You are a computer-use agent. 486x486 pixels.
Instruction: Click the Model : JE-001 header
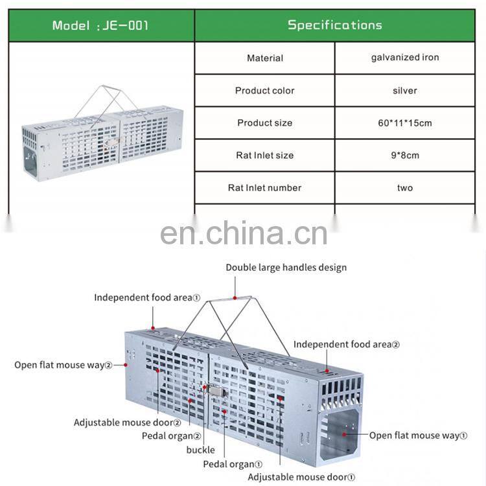100,26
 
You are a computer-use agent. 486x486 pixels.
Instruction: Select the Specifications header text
335,25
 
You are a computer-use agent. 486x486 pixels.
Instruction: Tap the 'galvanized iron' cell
405,58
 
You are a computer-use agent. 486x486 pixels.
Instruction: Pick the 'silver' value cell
405,91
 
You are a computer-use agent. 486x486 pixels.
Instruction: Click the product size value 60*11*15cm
405,123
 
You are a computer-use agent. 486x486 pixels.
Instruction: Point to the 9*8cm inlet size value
405,156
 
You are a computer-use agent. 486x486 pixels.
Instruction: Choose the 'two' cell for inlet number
405,188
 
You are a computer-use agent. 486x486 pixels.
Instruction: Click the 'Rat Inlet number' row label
264,188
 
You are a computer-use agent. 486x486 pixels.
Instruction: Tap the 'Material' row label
264,58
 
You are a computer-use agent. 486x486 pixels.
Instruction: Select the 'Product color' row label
264,91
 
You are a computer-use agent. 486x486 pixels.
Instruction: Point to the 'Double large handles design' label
286,268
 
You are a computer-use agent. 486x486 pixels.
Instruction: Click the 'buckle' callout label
200,450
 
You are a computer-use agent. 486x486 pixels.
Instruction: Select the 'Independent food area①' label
147,297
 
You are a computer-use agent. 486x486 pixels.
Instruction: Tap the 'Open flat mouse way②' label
64,365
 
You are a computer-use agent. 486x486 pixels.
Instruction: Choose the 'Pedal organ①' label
232,464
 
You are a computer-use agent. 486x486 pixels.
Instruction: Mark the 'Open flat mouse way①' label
418,435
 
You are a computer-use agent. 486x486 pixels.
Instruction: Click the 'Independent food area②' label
347,345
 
